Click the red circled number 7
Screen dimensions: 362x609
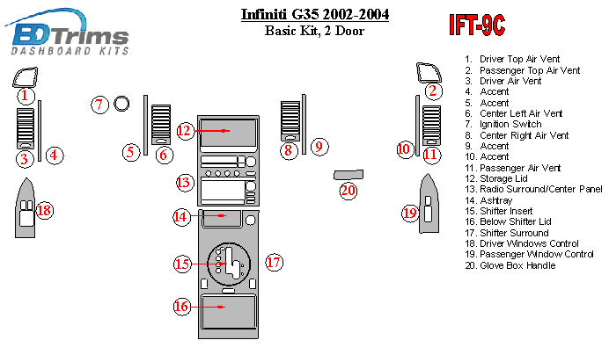coord(100,105)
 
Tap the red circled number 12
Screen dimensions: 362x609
coord(184,131)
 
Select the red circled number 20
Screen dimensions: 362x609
coord(349,190)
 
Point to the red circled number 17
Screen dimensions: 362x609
coord(274,262)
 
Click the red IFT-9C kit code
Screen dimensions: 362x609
coord(476,25)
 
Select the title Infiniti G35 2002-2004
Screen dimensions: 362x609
coord(314,15)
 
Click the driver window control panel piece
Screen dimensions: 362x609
coord(24,212)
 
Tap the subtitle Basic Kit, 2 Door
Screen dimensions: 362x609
coord(314,32)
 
